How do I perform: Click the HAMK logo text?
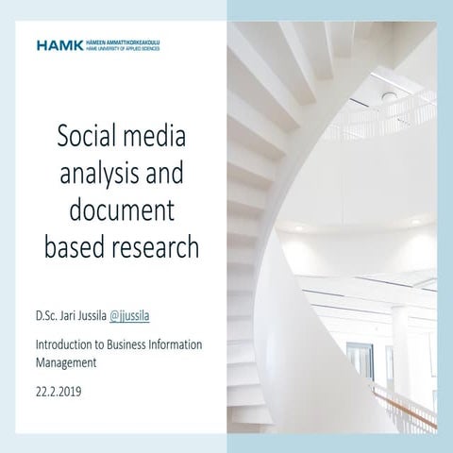[60, 44]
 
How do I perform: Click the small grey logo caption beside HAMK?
[123, 44]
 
